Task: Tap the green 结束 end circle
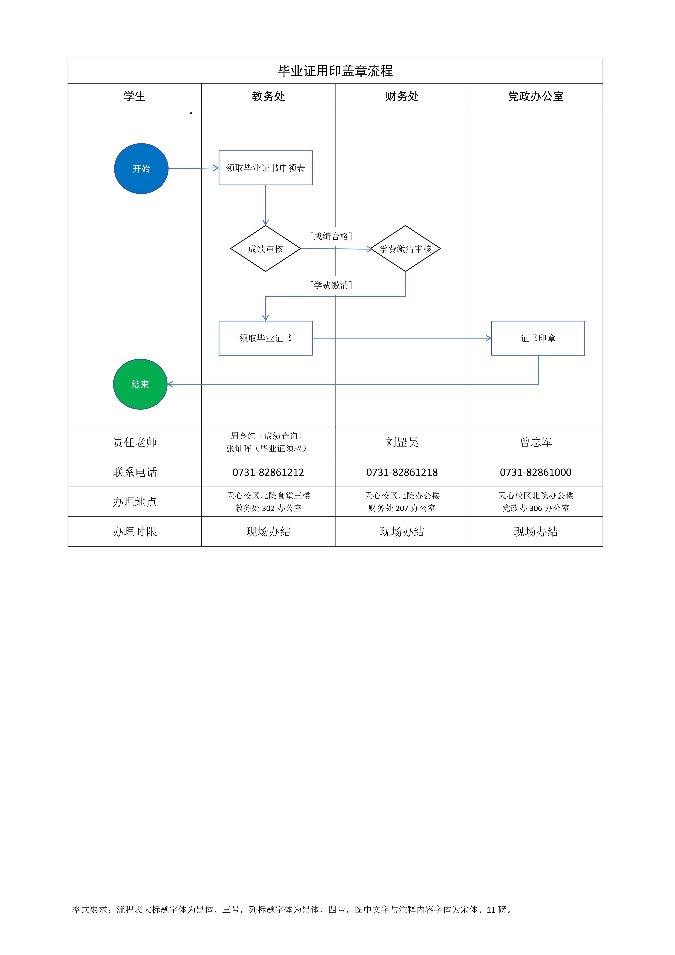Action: (140, 384)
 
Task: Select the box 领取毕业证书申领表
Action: (265, 168)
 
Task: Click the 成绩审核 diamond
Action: (265, 249)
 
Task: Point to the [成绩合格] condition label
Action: (331, 236)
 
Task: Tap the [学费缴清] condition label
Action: (331, 285)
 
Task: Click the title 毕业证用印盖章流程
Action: (335, 71)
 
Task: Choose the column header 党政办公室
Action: (536, 96)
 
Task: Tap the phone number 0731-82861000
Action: (536, 472)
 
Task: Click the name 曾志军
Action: (536, 442)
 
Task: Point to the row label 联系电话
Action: (135, 472)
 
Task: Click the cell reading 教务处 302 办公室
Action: (268, 508)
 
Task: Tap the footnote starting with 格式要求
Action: (292, 910)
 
